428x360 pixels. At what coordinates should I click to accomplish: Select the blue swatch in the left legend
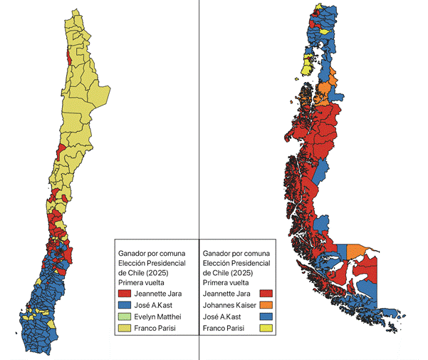125,305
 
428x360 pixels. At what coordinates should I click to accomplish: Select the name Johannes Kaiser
230,305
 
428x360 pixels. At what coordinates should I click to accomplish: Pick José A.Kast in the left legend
158,305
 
